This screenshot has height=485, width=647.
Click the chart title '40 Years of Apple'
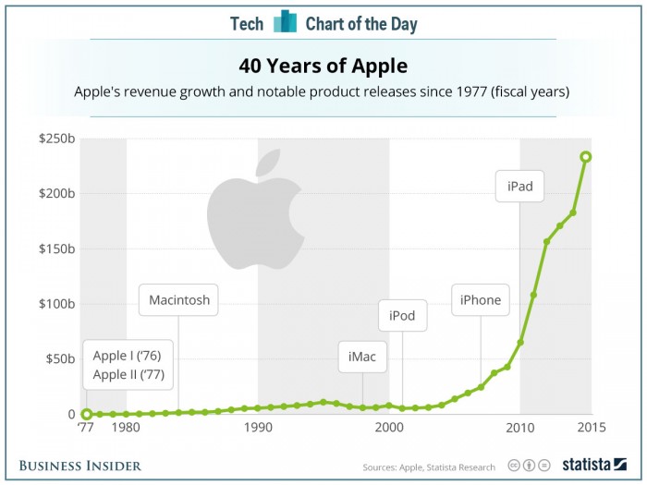(323, 67)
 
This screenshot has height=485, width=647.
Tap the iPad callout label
(519, 187)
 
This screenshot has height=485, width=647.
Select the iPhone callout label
(481, 300)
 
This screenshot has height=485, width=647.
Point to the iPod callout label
(402, 316)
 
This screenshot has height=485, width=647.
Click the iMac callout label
(361, 356)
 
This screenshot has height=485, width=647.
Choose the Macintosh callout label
(179, 300)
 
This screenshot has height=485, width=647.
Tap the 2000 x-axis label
(389, 428)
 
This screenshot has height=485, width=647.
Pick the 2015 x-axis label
(586, 428)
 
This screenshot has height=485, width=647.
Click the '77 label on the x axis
(86, 428)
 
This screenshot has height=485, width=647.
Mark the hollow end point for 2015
(586, 156)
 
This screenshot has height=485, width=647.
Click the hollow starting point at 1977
(86, 414)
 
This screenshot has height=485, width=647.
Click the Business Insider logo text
(80, 466)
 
